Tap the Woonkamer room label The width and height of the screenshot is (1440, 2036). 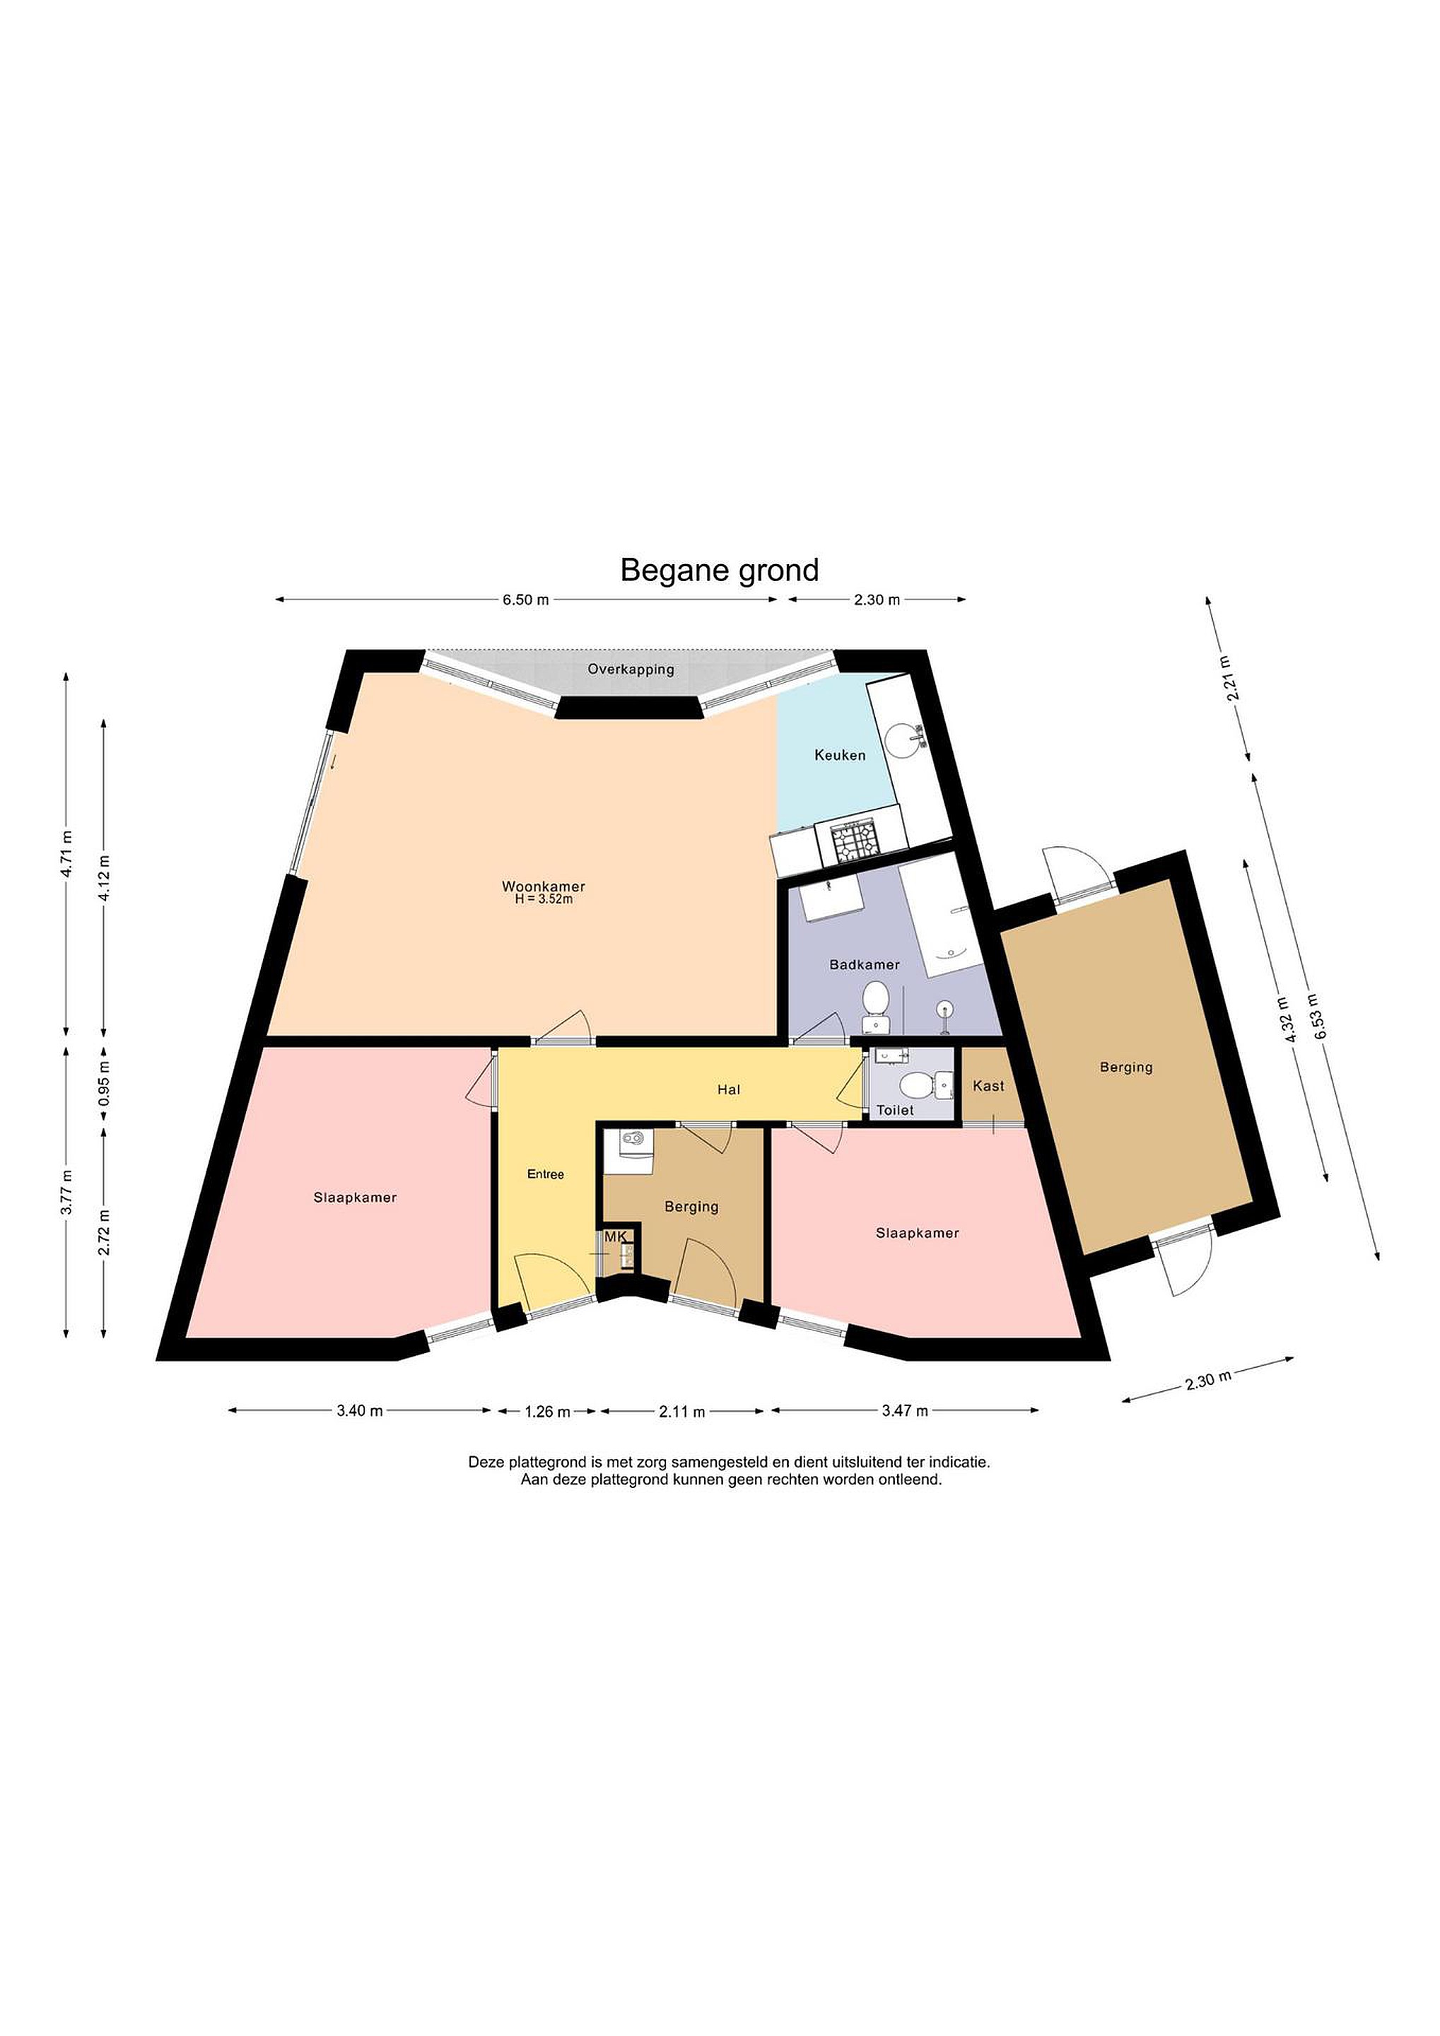coord(544,886)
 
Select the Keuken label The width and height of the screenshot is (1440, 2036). coord(840,756)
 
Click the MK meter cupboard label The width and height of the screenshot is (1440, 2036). coord(615,1236)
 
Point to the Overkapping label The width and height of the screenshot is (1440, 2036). coord(631,669)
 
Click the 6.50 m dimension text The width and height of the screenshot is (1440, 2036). coord(526,599)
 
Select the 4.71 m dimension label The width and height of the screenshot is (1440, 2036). coord(66,853)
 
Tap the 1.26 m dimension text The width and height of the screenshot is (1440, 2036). coord(547,1412)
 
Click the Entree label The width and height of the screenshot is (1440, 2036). coord(545,1174)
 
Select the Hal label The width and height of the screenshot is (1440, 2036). coord(729,1090)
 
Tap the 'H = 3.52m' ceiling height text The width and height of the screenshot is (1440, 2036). coord(544,899)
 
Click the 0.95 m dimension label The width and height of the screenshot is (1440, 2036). coord(104,1083)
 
